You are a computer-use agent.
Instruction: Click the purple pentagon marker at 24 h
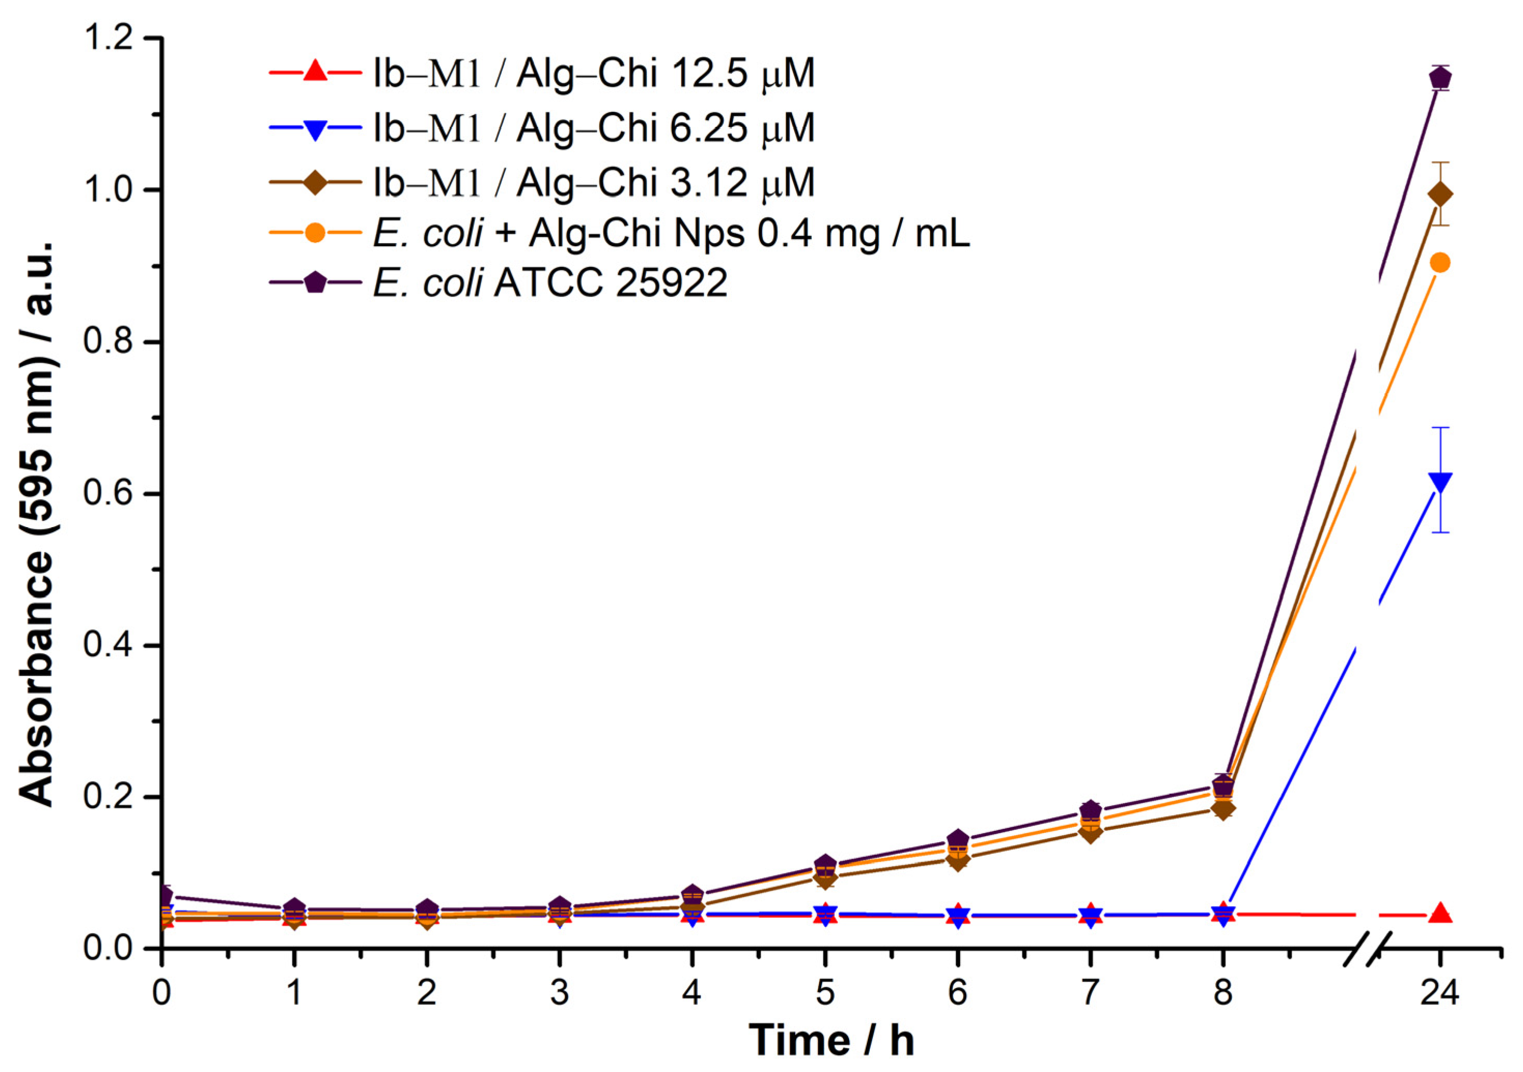pos(1440,78)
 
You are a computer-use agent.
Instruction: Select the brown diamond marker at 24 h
pos(1440,194)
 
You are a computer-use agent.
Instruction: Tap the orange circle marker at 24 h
pos(1440,263)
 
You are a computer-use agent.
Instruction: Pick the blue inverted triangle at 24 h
pos(1440,482)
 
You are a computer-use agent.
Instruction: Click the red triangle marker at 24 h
pos(1440,913)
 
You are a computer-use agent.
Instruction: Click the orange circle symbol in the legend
pos(316,233)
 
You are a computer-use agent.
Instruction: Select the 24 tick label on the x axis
pos(1440,993)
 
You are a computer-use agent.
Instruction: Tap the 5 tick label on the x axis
pos(825,993)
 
